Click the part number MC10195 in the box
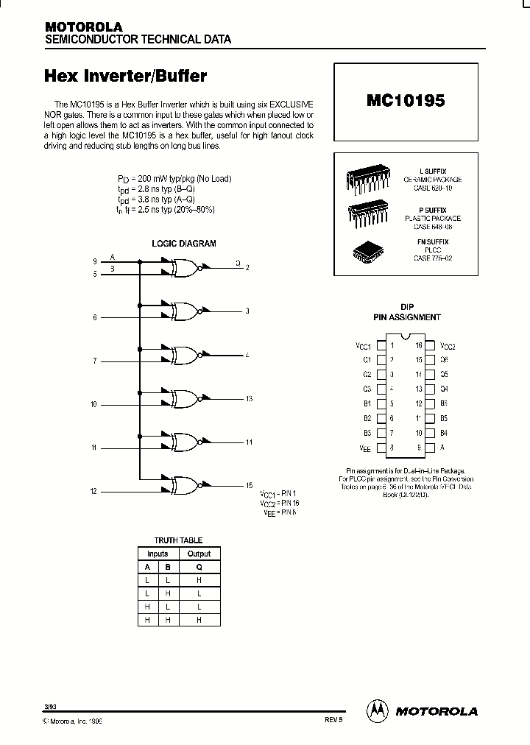[405, 101]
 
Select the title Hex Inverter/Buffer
[126, 76]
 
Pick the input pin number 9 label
[94, 261]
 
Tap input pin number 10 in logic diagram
[93, 404]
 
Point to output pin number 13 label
[249, 399]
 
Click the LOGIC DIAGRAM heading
[183, 243]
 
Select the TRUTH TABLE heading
[177, 540]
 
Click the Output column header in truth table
[199, 554]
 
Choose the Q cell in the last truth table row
[199, 621]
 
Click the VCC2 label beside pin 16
[448, 345]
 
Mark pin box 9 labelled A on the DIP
[430, 447]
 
